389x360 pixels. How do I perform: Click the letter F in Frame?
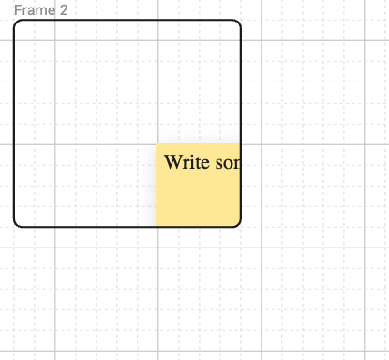(x=17, y=9)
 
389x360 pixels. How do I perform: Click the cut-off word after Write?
(x=228, y=162)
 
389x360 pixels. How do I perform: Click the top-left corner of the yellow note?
(x=156, y=143)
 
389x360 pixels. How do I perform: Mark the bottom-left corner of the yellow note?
(x=156, y=225)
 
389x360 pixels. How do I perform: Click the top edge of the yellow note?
(x=198, y=143)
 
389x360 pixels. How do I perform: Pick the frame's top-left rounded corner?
(x=17, y=22)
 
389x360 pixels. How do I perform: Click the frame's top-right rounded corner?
(x=238, y=22)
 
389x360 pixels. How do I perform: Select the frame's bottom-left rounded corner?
(x=17, y=223)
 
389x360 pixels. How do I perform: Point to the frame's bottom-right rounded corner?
(x=238, y=223)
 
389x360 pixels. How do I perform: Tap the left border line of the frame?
(x=14, y=123)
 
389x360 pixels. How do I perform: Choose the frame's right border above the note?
(x=241, y=84)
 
